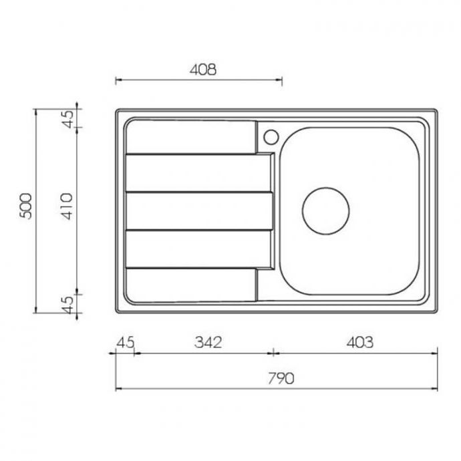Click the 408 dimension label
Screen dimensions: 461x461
coord(203,69)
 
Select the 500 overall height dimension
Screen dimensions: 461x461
coord(25,206)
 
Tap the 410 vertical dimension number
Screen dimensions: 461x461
coord(67,206)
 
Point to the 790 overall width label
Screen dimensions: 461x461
coord(281,378)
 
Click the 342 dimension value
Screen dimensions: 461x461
coord(208,342)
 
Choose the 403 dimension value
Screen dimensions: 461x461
coord(360,342)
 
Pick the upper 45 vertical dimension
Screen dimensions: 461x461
coord(68,119)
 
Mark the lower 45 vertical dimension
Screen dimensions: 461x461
coord(68,305)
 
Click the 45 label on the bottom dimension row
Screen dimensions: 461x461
coord(126,343)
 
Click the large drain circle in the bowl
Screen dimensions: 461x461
coord(326,211)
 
